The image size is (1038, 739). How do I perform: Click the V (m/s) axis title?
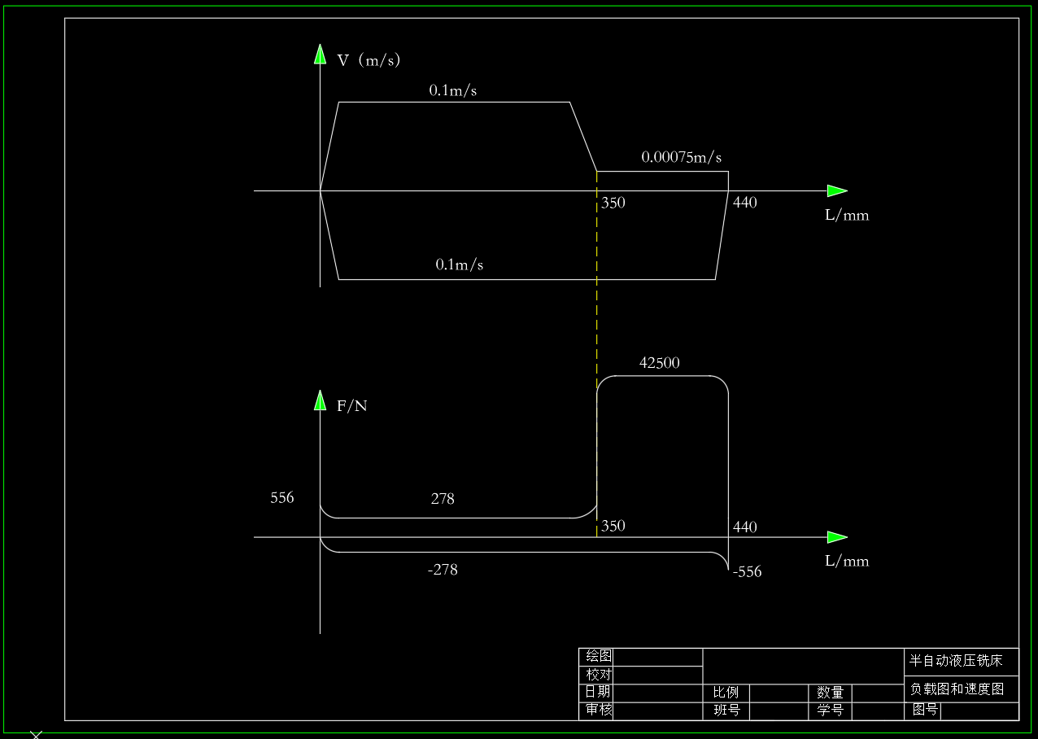(369, 60)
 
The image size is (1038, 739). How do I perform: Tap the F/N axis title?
(351, 406)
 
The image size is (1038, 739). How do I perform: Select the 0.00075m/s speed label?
(681, 157)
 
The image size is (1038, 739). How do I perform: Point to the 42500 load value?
(660, 362)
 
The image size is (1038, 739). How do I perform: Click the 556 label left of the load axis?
(281, 497)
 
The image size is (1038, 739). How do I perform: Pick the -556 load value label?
(747, 571)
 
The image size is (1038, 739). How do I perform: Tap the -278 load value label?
(443, 570)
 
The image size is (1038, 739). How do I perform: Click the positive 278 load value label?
(443, 498)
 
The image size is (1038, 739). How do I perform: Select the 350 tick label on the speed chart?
(613, 203)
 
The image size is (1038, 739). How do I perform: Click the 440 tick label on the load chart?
(744, 527)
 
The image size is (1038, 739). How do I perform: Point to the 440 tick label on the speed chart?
(744, 202)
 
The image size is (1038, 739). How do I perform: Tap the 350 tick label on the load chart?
(613, 526)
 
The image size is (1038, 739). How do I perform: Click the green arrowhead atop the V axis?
(320, 55)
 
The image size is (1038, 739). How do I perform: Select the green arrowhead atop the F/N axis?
(320, 400)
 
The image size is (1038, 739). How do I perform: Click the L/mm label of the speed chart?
(847, 215)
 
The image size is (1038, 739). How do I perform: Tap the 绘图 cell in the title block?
(599, 656)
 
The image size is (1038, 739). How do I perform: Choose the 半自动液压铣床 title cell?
(956, 661)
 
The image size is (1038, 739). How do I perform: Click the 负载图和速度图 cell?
(957, 689)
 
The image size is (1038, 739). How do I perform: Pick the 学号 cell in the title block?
(830, 710)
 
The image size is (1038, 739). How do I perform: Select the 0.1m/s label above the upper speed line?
(453, 90)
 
